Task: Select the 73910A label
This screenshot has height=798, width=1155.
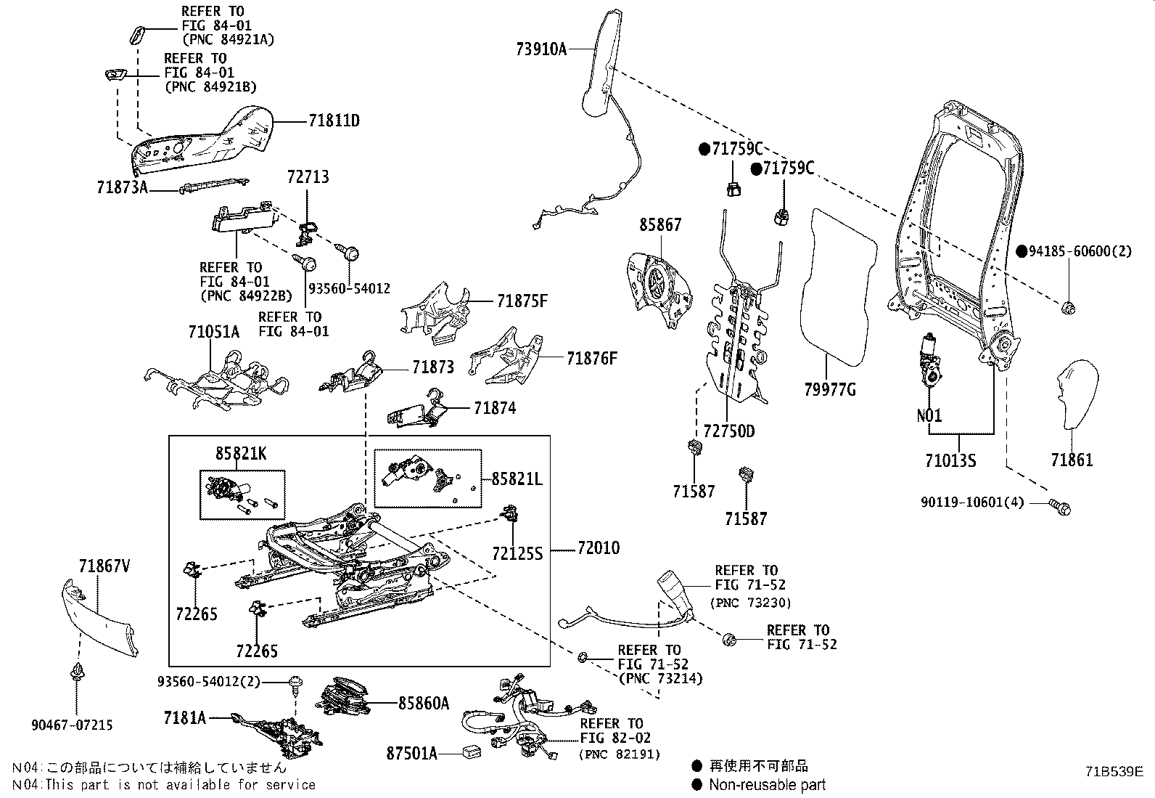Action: point(541,49)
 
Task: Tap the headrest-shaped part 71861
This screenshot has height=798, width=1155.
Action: point(1076,392)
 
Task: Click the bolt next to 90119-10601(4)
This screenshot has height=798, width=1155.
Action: point(1060,505)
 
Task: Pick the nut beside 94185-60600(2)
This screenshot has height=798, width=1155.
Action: point(1068,308)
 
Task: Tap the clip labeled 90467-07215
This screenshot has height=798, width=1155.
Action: point(76,675)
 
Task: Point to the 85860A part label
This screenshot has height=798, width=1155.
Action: point(423,703)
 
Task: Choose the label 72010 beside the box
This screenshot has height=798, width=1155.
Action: point(599,548)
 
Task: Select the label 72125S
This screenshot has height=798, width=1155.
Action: point(517,554)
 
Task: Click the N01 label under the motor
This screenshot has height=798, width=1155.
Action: point(929,415)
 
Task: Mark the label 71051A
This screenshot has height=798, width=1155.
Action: point(213,332)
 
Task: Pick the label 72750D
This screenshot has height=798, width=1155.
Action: point(729,431)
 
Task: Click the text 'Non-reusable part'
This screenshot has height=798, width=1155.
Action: point(767,784)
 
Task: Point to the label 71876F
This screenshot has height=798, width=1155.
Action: point(592,358)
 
